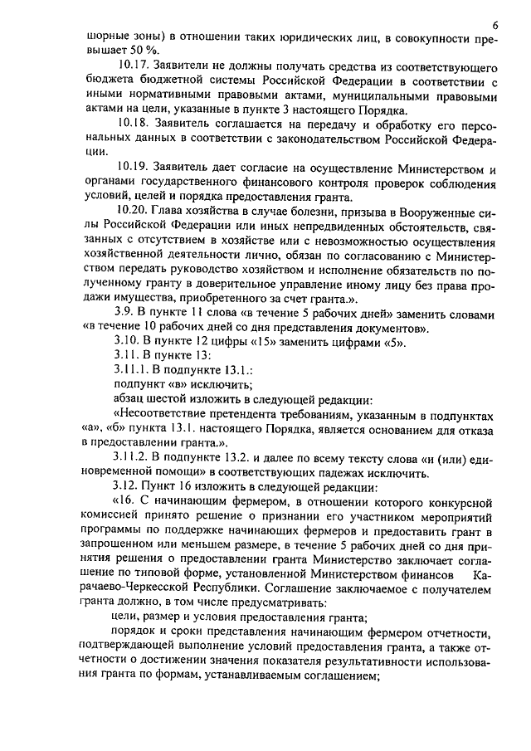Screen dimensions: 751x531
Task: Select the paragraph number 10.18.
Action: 134,123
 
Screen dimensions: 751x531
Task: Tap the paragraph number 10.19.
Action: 134,169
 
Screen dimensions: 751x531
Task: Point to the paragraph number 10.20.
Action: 134,211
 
